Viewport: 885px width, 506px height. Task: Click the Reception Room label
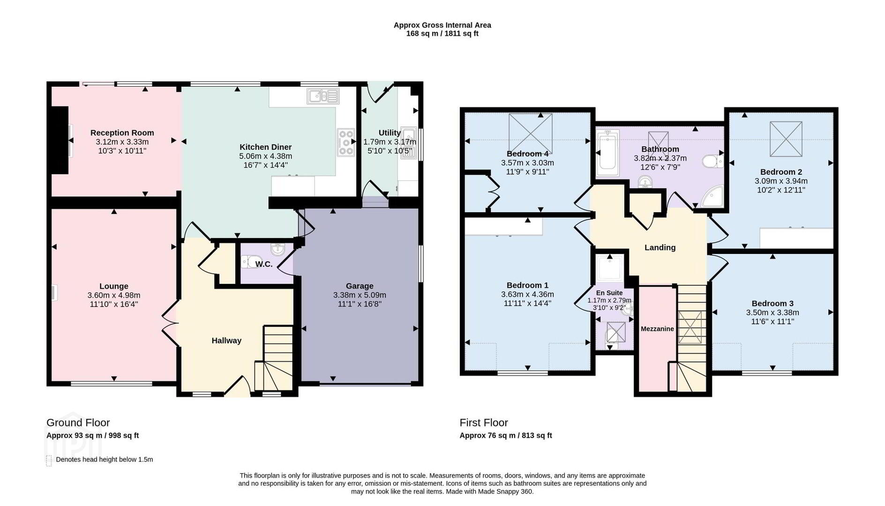pos(122,133)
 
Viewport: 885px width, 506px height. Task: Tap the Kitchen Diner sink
pos(323,97)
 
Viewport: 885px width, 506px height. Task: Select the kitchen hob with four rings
pos(346,142)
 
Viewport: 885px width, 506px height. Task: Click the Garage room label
pos(360,286)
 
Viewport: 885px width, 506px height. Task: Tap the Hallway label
pos(226,341)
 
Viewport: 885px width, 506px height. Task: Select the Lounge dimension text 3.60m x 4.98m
pos(114,295)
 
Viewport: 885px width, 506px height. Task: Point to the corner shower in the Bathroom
pos(713,197)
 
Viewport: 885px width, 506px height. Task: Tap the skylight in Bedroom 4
pos(530,134)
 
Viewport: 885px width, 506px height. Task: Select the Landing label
pos(660,247)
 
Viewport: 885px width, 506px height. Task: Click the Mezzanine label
pos(657,329)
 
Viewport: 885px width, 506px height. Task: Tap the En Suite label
pos(609,293)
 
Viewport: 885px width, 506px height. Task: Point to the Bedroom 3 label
pos(772,303)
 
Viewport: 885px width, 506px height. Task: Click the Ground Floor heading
pos(78,423)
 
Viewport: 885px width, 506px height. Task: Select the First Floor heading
pos(484,423)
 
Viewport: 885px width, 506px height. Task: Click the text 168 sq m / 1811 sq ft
pos(442,34)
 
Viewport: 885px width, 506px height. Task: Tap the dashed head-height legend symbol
pos(49,460)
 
